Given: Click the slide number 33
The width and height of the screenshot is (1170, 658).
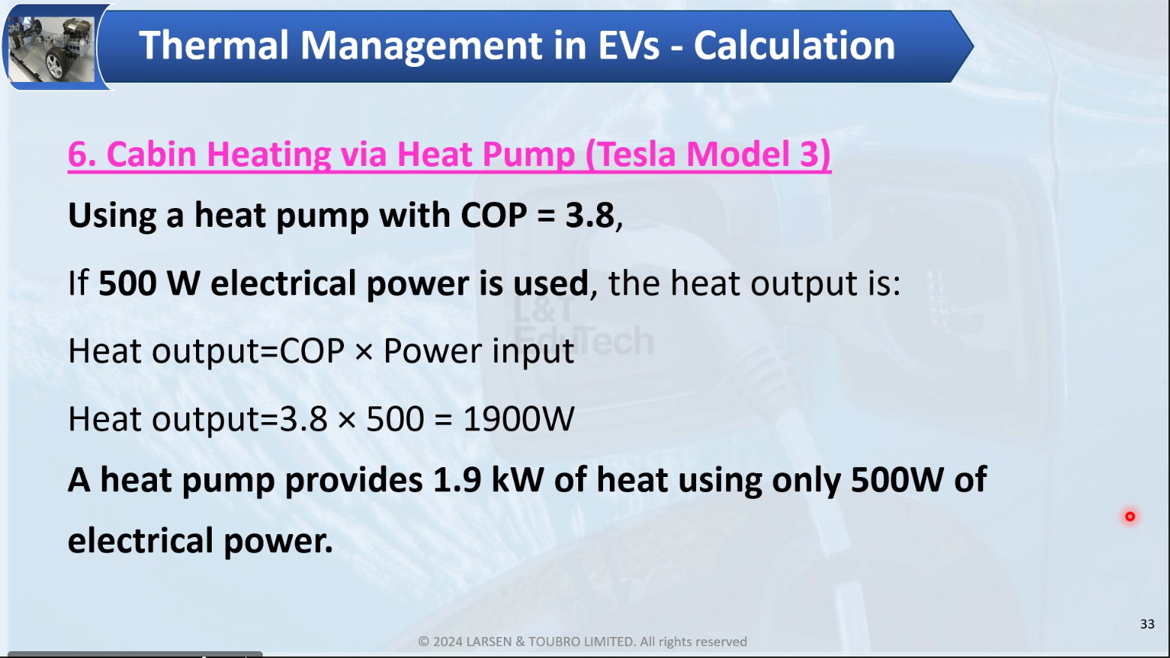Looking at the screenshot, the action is [1147, 624].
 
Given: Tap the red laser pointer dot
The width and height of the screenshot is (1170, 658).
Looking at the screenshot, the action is [1129, 516].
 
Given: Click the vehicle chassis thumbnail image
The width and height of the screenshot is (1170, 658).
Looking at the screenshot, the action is [52, 48].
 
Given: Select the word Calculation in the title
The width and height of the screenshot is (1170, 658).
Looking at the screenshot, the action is [795, 46].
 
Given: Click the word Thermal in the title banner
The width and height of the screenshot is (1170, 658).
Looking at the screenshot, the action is [213, 46].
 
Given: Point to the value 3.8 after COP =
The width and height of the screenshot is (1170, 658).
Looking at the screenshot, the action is [590, 215].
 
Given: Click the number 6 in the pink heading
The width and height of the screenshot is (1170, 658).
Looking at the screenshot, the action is [77, 155].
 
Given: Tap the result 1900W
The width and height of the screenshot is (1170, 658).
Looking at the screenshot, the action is [519, 419].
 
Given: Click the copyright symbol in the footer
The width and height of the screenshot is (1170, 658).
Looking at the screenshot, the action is [424, 641].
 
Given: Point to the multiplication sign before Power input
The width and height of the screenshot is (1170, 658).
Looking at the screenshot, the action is [363, 352].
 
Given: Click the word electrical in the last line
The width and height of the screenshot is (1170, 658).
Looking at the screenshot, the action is [140, 540].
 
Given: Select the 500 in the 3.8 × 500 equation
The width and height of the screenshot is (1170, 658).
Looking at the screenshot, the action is [395, 419].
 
